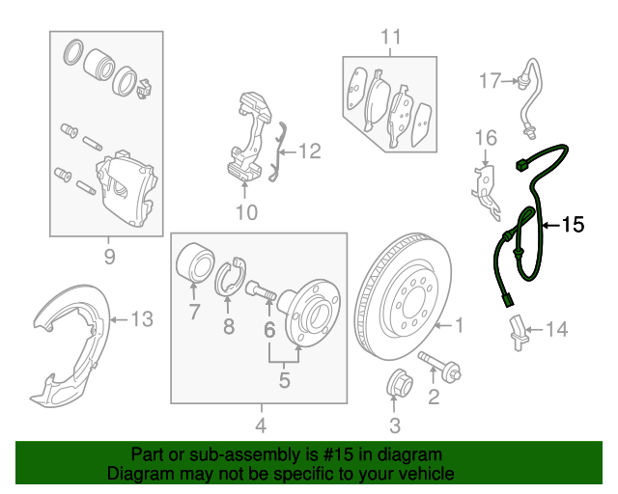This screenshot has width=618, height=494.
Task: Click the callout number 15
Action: (x=574, y=225)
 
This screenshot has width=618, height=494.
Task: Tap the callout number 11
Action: (x=389, y=38)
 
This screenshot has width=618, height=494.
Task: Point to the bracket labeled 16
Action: (x=483, y=183)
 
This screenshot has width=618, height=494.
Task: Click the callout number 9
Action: (x=108, y=256)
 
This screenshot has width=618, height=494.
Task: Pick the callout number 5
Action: (x=284, y=380)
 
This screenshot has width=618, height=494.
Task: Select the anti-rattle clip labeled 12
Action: (x=277, y=151)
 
